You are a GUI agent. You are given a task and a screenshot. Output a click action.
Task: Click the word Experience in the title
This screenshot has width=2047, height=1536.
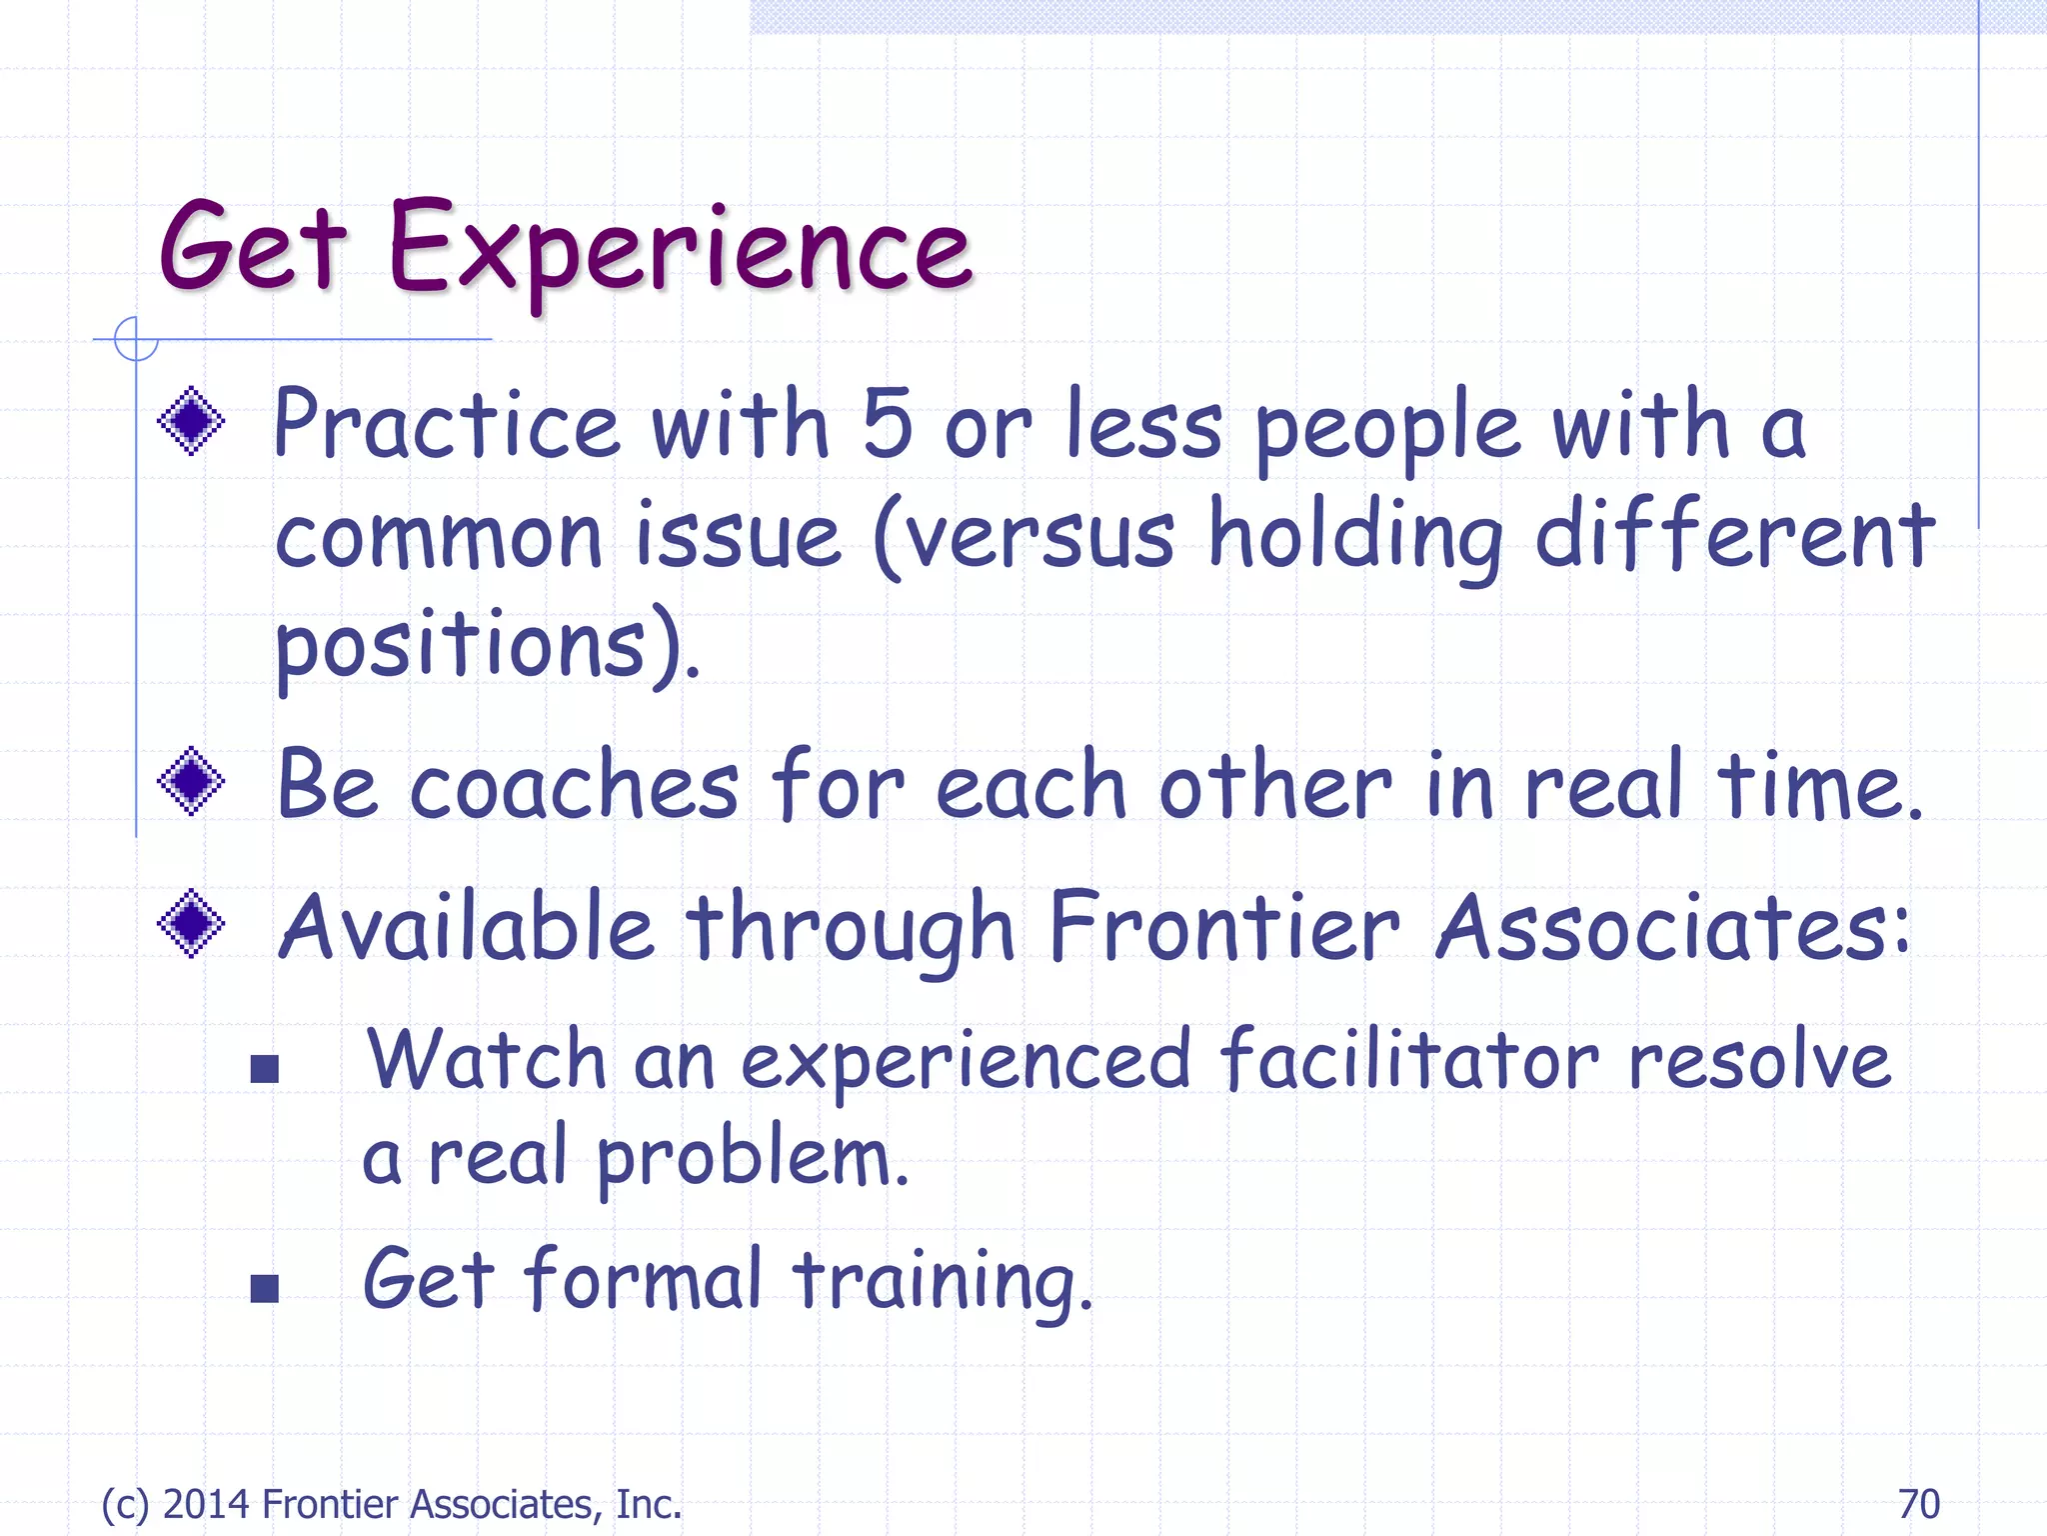[x=680, y=250]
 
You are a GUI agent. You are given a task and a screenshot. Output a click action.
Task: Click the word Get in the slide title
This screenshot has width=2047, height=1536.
[x=252, y=248]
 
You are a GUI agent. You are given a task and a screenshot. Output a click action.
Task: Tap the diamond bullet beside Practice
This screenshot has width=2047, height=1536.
[x=191, y=422]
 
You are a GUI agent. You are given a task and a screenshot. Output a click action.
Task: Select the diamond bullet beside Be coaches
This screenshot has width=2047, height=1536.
[x=191, y=781]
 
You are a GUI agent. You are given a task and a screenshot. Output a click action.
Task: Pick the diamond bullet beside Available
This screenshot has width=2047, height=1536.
[x=191, y=924]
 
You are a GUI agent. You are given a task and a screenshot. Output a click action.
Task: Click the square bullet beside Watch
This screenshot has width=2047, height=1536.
[x=264, y=1069]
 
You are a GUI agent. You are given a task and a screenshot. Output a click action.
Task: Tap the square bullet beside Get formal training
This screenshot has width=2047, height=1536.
[x=264, y=1288]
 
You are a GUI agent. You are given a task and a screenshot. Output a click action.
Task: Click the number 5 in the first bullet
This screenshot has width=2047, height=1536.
[x=887, y=425]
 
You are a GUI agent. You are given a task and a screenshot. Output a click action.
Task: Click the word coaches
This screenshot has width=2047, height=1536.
[x=575, y=786]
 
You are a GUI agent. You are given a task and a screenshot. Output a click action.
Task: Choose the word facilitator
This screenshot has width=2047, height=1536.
[x=1409, y=1060]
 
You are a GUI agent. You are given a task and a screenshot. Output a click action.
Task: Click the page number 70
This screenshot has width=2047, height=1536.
[x=1918, y=1504]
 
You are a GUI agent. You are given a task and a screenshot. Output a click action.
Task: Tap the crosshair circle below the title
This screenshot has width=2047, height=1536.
[x=136, y=339]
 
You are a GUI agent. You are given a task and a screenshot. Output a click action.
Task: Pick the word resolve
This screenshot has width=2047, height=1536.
[x=1759, y=1060]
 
